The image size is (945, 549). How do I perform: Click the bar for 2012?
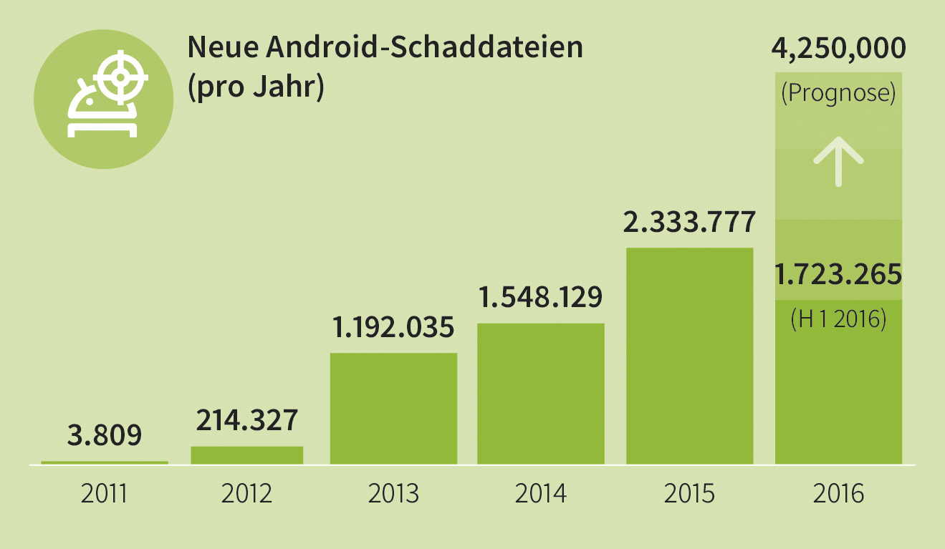pos(246,455)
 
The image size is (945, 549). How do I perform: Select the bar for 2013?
pos(393,408)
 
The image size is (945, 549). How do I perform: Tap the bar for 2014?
pos(541,394)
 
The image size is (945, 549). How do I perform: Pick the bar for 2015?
pos(689,356)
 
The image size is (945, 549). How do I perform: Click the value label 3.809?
pos(105,434)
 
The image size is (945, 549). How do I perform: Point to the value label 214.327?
pos(246,419)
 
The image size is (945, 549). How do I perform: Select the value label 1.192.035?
pos(393,327)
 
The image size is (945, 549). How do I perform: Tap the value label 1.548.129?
pos(541,296)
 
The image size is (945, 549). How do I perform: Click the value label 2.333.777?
pos(689,222)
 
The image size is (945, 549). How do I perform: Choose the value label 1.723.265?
pos(838,273)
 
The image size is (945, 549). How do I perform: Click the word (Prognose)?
pos(838,93)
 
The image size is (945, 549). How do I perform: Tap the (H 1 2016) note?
pos(838,319)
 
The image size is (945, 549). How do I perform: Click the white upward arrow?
pos(838,162)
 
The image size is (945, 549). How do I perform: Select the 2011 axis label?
pos(105,494)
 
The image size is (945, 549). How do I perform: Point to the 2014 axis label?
pos(541,494)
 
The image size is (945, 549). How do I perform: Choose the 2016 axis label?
pos(838,494)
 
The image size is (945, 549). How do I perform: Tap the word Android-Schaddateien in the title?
pos(423,48)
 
